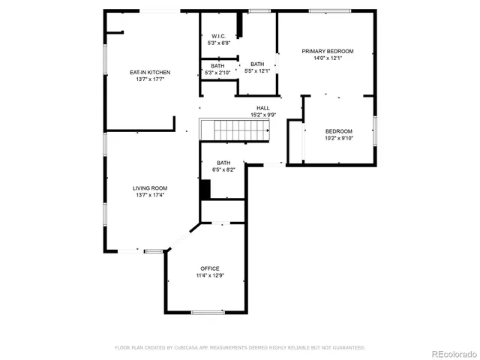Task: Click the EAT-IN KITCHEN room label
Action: coord(150,72)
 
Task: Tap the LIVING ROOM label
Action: coord(150,188)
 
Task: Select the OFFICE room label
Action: coord(209,268)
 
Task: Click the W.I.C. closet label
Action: coord(219,36)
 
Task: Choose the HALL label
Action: coord(263,108)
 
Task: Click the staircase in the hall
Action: coord(234,130)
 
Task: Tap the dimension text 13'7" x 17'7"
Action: coord(150,79)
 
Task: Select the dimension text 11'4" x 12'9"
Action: coord(209,275)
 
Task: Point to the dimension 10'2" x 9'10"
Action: coord(339,138)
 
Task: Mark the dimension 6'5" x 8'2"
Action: coord(223,170)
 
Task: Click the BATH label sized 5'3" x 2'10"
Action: coord(217,66)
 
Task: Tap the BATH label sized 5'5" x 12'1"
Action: coord(257,64)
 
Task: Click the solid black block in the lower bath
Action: coord(205,188)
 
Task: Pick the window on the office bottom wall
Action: coord(207,312)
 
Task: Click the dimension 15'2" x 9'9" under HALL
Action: coord(263,115)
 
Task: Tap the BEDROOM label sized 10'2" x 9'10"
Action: coord(339,131)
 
